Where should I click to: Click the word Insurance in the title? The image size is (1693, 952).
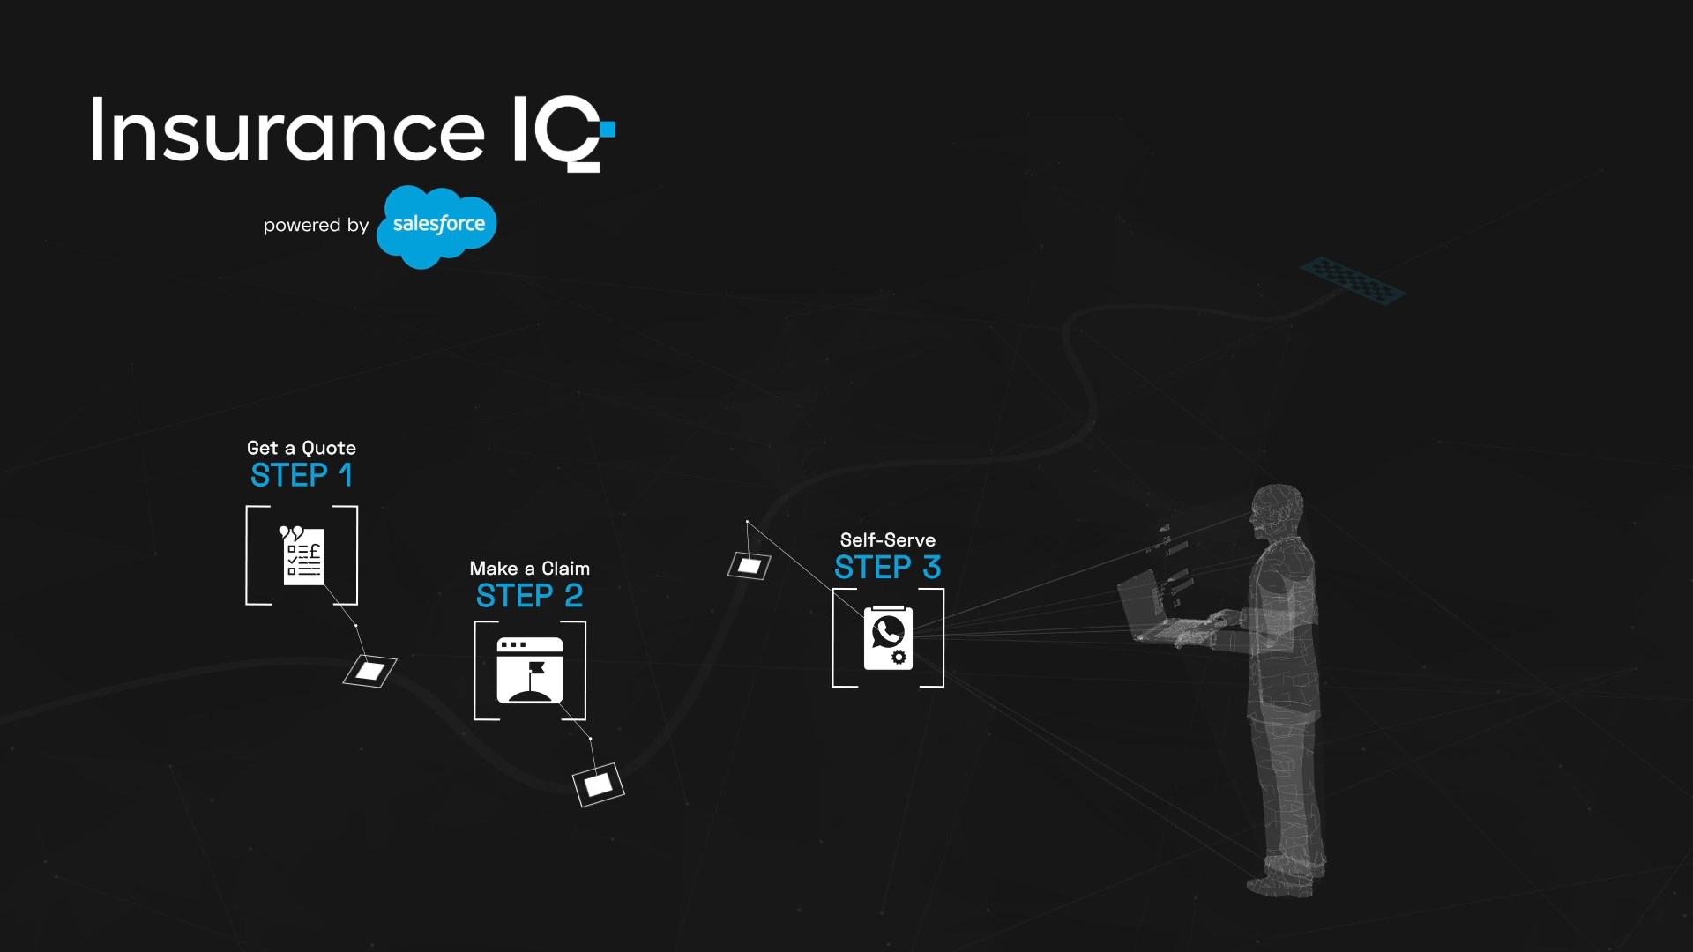coord(287,130)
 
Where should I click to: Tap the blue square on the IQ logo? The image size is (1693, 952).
coord(608,130)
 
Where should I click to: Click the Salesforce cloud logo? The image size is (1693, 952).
coord(436,226)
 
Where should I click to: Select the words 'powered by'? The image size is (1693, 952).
coord(316,226)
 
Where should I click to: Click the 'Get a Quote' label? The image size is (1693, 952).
coord(302,448)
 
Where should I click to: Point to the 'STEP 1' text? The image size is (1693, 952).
coord(302,476)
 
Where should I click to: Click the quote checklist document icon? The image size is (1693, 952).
coord(302,555)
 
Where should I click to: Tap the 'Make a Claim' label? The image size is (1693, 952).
coord(530,569)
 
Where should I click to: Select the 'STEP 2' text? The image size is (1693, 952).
coord(530,597)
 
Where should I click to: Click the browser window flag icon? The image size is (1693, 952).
coord(530,670)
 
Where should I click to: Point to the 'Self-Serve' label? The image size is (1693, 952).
coord(888,539)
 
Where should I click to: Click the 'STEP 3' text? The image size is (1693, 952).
coord(888,568)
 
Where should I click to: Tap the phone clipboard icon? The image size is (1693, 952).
coord(888,637)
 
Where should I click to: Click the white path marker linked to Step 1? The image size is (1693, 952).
coord(369,672)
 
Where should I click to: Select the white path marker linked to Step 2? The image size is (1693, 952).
coord(599,785)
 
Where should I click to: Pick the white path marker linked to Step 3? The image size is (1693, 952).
coord(750,566)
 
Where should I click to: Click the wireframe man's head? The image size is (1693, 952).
coord(1277,509)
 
